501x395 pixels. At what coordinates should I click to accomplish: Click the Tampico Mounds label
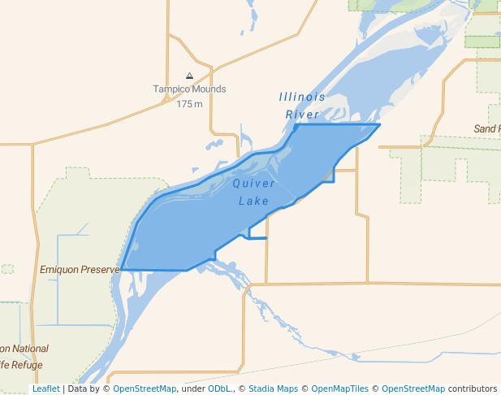[x=189, y=89]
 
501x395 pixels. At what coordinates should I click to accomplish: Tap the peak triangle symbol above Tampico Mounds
[x=189, y=76]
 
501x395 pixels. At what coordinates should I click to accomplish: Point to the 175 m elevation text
[x=189, y=104]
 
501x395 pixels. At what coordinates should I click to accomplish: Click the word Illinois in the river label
[x=302, y=97]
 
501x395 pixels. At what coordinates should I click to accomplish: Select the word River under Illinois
[x=302, y=115]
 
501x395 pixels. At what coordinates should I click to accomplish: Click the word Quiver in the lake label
[x=254, y=184]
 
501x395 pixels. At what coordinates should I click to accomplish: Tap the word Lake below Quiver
[x=254, y=201]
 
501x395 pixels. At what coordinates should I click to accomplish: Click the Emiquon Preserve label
[x=80, y=268]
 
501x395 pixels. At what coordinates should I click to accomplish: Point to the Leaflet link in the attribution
[x=45, y=389]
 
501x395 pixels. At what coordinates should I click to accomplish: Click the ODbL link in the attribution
[x=220, y=389]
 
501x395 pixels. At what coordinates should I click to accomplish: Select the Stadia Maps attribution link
[x=274, y=389]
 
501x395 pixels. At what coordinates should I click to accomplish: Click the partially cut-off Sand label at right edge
[x=487, y=129]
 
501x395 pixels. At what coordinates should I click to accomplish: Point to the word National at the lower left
[x=29, y=349]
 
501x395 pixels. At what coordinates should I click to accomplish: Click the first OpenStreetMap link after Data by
[x=145, y=389]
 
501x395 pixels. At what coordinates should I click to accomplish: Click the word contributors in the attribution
[x=472, y=389]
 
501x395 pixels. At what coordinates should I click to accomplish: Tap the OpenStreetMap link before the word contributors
[x=413, y=389]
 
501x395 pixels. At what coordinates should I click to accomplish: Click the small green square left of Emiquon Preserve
[x=7, y=268]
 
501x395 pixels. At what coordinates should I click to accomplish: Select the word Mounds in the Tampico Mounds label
[x=208, y=89]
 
